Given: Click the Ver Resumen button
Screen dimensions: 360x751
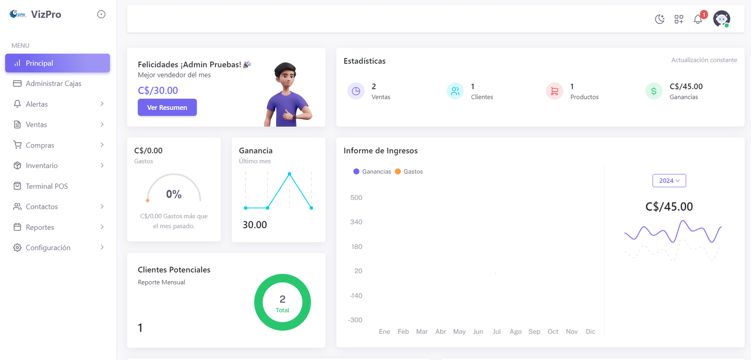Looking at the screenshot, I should coord(167,107).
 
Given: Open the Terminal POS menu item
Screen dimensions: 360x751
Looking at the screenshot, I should coord(46,186).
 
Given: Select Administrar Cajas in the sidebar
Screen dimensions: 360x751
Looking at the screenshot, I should coord(53,84).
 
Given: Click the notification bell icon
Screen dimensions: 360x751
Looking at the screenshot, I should coord(698,19).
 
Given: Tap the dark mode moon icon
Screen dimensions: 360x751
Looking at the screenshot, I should coord(659,19).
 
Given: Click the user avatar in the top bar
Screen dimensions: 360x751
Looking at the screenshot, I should coord(721,19).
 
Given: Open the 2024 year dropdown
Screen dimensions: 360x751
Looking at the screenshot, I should coord(669,181).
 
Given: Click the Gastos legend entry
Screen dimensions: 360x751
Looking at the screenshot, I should coord(409,172).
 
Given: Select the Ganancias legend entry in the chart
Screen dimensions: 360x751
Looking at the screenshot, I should coord(372,172).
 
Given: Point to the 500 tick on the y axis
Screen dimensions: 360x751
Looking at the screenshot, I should coord(356,198).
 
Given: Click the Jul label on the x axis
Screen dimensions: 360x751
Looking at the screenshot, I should coord(497,331).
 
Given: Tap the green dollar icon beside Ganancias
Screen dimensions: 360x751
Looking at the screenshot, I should coord(654,91).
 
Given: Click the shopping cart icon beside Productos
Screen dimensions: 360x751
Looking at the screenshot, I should coord(554,91).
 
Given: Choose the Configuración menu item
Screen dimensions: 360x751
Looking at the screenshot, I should coord(48,248).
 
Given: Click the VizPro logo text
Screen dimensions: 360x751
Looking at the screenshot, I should coord(46,15).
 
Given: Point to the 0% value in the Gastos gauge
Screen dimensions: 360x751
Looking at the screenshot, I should coord(174,194).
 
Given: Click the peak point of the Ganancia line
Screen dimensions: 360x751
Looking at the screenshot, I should coord(290,174).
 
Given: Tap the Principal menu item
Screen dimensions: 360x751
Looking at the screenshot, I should coord(39,63).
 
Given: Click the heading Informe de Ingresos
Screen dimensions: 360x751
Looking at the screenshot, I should coord(380,151).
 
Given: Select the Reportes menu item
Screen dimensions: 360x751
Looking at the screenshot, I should coord(40,227).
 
